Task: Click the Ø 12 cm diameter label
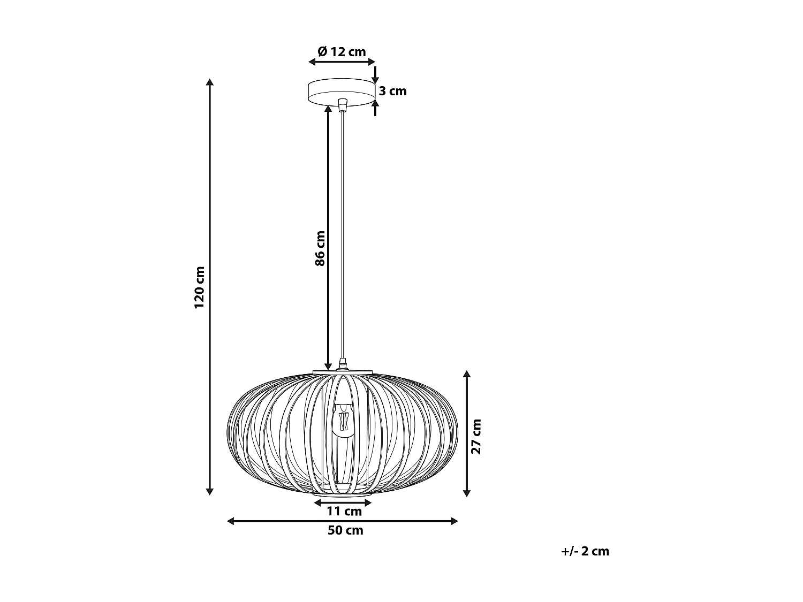point(342,52)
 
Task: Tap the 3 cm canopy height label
point(393,91)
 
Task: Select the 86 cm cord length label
point(320,248)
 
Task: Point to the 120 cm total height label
point(200,287)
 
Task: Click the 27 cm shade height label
point(476,436)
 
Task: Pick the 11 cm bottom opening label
point(344,512)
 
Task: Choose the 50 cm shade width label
point(345,530)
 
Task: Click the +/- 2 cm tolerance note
point(585,551)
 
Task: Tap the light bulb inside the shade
point(343,420)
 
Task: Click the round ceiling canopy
point(340,92)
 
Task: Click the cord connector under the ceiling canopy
point(343,103)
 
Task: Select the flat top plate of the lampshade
point(343,371)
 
